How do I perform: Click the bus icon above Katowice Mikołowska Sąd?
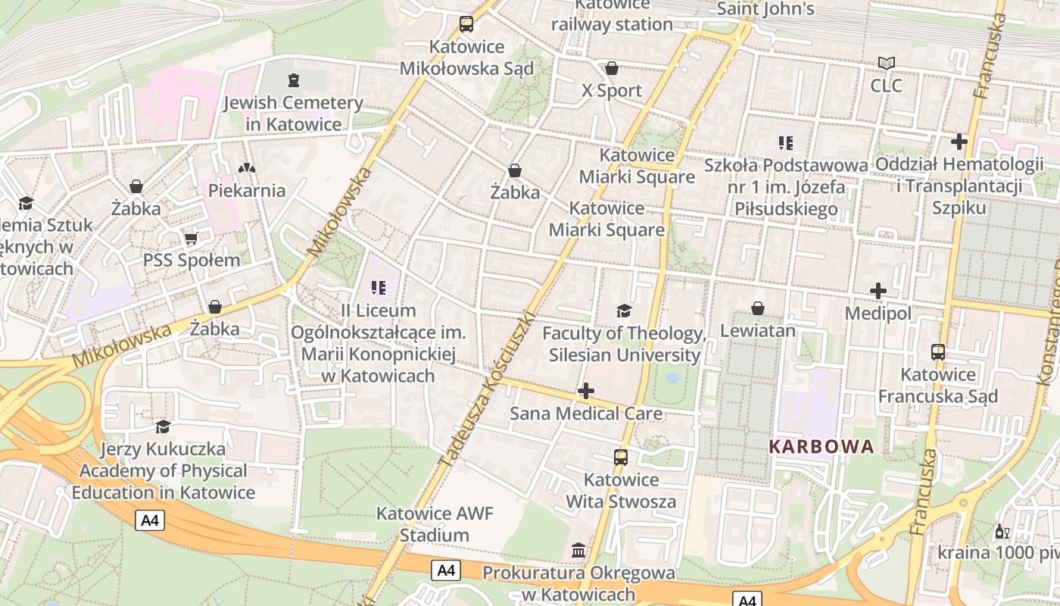tap(466, 24)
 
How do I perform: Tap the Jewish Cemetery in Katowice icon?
tap(294, 80)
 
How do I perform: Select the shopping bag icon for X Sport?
tap(612, 68)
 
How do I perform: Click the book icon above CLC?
tap(886, 63)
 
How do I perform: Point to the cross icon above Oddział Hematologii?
tap(959, 141)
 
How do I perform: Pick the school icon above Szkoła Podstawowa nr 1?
tap(786, 142)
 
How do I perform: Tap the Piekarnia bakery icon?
tap(247, 167)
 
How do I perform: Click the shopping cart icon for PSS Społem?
tap(191, 238)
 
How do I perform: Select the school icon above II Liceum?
tap(379, 287)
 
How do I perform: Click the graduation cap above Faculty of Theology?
tap(624, 311)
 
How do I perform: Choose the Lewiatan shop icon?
tap(757, 308)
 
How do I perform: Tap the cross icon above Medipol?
tap(878, 291)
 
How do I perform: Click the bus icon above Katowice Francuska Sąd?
tap(938, 351)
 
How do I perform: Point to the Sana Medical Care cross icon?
tap(585, 391)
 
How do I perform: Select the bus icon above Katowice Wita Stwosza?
tap(621, 457)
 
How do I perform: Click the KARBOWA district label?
tap(821, 446)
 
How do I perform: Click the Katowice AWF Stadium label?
tap(435, 524)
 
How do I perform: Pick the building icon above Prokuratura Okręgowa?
tap(579, 549)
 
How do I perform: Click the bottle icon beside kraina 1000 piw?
tap(1002, 531)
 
